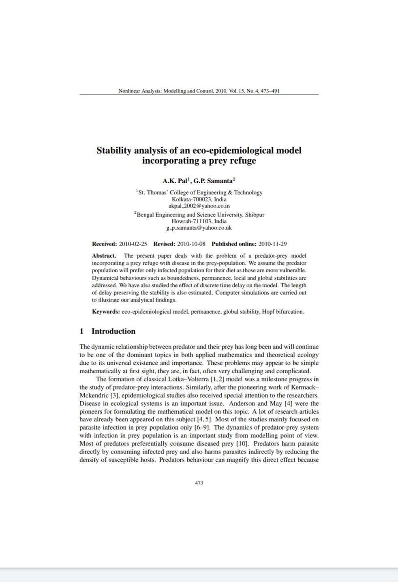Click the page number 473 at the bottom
(x=199, y=483)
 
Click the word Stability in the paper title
(x=114, y=151)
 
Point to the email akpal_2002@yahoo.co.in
(x=199, y=206)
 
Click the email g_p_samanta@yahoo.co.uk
(x=199, y=228)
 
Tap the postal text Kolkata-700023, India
(x=199, y=199)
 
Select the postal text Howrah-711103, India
(x=199, y=221)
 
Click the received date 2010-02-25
(x=133, y=244)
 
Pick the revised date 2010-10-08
(x=191, y=244)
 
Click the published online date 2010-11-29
(x=272, y=244)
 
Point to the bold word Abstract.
(x=104, y=256)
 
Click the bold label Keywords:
(x=106, y=312)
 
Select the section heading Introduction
(x=113, y=331)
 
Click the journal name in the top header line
(x=165, y=91)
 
